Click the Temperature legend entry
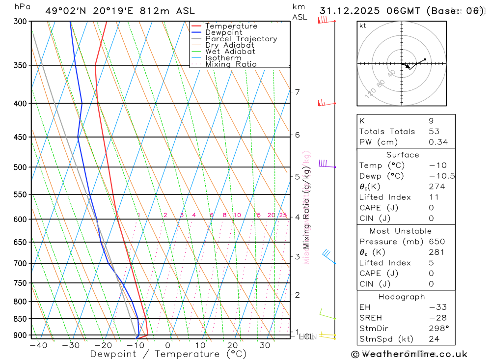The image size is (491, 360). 231,26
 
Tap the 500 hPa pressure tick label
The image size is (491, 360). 20,167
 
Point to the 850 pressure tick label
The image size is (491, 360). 20,319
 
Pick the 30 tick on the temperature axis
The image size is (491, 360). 265,345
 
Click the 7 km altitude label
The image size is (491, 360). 297,92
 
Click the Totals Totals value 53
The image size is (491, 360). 434,132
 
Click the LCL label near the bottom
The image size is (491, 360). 306,337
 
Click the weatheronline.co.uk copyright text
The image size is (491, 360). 409,354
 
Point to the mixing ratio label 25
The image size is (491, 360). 283,215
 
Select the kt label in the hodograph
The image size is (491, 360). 363,26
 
